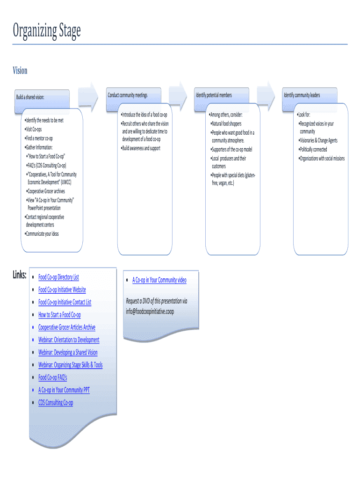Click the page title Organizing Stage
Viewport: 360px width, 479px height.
point(47,32)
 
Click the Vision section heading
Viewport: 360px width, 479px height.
point(20,71)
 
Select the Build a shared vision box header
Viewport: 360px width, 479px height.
point(30,97)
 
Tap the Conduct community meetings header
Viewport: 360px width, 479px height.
point(128,95)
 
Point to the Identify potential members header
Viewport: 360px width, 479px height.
point(214,95)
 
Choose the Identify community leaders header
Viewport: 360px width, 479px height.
point(302,95)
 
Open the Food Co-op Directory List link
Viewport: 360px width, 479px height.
point(58,277)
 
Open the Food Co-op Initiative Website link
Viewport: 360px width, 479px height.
point(62,290)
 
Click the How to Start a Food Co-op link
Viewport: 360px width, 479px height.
point(59,315)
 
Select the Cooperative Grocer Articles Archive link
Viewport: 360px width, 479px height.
point(66,327)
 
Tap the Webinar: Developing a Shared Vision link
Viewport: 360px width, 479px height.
point(68,353)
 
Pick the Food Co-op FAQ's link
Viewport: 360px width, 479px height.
point(52,377)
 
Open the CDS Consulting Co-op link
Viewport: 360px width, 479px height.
point(56,403)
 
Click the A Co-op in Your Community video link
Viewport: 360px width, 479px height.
point(159,280)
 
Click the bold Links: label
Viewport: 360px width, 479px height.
point(20,276)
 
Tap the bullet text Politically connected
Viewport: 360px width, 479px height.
point(313,150)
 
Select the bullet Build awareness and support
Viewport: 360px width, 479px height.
point(141,148)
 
